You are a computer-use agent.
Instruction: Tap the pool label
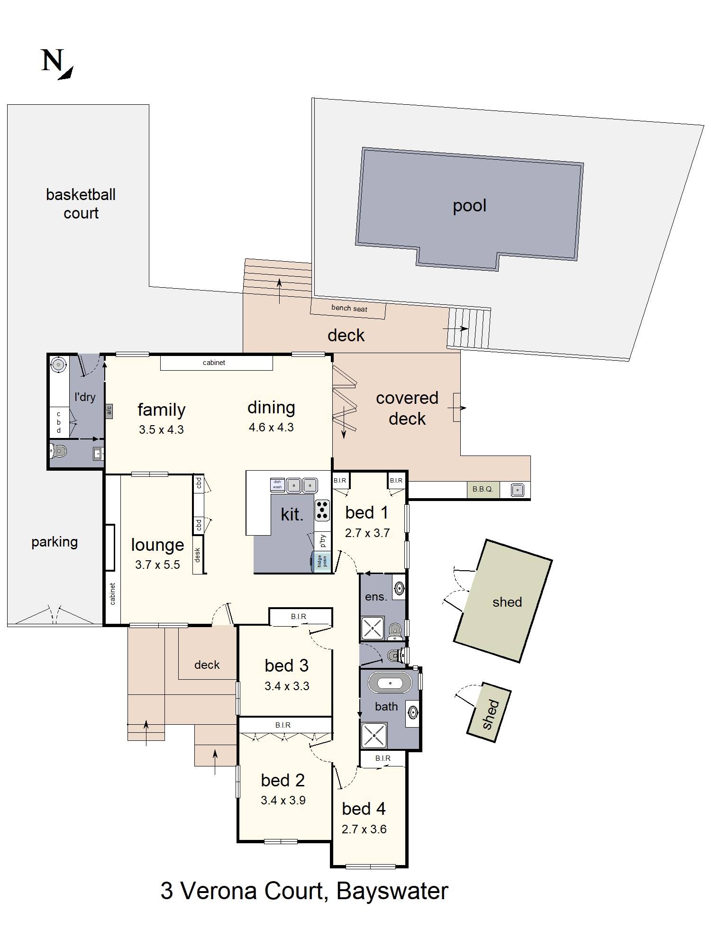click(469, 206)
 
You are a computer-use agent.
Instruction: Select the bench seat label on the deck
click(349, 308)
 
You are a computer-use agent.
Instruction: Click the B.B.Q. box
click(483, 489)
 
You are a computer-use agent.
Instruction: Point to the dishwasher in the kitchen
click(277, 484)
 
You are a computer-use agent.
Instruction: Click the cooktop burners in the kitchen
click(323, 510)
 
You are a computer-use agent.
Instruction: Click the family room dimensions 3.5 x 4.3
click(161, 430)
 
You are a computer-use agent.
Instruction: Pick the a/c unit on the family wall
click(109, 410)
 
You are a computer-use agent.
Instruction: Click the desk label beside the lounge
click(198, 555)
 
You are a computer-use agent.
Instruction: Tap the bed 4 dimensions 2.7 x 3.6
click(364, 829)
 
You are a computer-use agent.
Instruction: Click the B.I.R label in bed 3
click(299, 617)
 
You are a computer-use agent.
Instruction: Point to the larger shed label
click(507, 602)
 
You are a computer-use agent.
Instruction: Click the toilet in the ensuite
click(394, 630)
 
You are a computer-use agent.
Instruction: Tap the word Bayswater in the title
click(392, 891)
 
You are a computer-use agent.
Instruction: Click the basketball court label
click(81, 204)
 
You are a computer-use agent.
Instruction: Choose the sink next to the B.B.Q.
click(517, 490)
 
